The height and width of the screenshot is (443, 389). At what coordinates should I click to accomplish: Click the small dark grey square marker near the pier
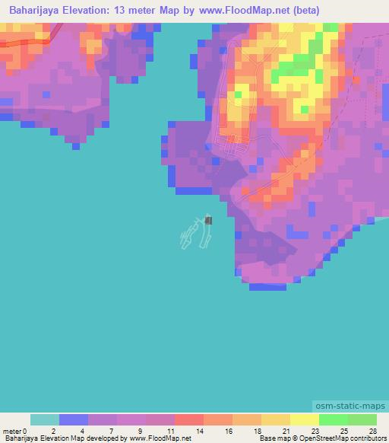(x=209, y=220)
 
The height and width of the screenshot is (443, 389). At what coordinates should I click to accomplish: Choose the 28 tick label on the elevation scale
(x=372, y=430)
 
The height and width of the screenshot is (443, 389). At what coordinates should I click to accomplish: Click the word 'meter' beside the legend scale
(x=12, y=430)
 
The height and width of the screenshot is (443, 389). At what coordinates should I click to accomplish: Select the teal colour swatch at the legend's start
(x=45, y=419)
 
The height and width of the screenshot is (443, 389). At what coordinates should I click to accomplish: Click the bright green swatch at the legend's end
(x=362, y=419)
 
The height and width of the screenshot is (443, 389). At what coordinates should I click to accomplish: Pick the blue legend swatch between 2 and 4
(x=74, y=419)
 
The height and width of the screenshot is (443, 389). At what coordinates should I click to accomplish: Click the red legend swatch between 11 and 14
(x=189, y=419)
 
